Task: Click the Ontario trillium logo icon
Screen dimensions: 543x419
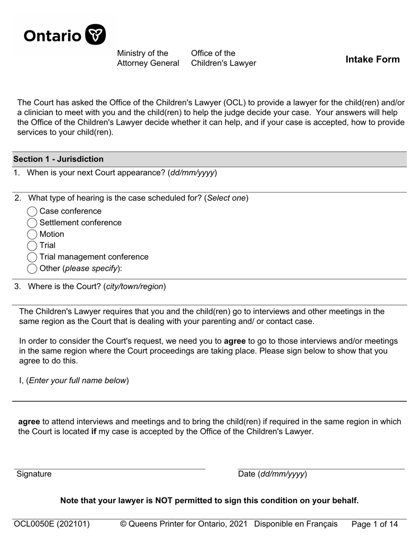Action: (x=95, y=35)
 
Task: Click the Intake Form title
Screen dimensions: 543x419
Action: (x=372, y=60)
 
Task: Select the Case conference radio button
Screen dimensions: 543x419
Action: (x=32, y=211)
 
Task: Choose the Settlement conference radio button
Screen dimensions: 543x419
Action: (x=32, y=223)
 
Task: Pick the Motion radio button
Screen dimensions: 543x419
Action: (x=32, y=234)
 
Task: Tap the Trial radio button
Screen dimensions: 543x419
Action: (x=32, y=246)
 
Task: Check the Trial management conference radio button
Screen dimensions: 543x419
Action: (x=32, y=257)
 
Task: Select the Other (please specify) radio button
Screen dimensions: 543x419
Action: (x=32, y=269)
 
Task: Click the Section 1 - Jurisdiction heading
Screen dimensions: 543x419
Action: (x=58, y=159)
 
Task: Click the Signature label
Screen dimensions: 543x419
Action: (x=34, y=474)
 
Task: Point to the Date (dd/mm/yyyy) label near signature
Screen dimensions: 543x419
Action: (x=272, y=474)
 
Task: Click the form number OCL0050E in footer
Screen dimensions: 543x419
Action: (x=52, y=524)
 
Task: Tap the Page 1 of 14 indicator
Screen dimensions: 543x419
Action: (x=374, y=524)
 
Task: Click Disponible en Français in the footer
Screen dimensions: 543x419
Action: (x=296, y=524)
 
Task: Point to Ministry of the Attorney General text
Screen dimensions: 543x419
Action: (x=148, y=58)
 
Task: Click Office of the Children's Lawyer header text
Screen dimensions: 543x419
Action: (x=223, y=58)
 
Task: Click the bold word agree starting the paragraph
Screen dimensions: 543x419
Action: (x=29, y=422)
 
